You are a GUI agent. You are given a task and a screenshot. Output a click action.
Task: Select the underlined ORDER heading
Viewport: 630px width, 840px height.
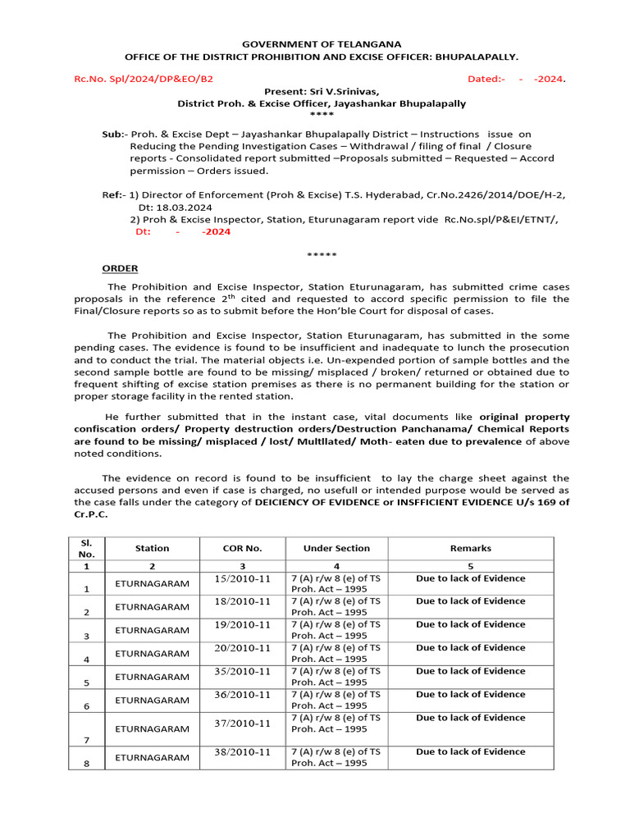point(120,268)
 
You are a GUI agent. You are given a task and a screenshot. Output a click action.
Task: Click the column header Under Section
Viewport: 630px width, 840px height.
point(336,548)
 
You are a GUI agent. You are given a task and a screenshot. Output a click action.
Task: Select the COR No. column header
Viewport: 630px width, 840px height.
point(242,548)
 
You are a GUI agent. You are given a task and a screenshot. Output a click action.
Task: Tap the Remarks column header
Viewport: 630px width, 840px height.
point(470,548)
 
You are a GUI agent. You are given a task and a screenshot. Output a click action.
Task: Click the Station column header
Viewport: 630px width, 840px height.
point(152,548)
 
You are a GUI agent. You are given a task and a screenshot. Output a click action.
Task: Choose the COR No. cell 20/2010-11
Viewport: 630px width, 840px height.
point(242,648)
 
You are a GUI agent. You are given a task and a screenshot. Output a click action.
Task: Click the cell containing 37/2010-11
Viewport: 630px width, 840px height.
point(242,723)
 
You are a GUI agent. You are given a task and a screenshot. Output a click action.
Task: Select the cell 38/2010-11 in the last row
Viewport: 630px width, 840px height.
point(242,751)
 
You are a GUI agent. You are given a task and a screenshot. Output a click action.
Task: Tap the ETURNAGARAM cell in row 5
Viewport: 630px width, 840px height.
point(152,677)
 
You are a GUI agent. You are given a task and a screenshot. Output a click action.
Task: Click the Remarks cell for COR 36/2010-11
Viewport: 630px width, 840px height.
point(470,694)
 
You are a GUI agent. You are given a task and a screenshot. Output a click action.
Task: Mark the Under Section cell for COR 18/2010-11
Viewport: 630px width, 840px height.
point(336,606)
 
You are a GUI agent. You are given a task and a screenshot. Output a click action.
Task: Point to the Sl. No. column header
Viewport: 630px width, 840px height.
point(87,548)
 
